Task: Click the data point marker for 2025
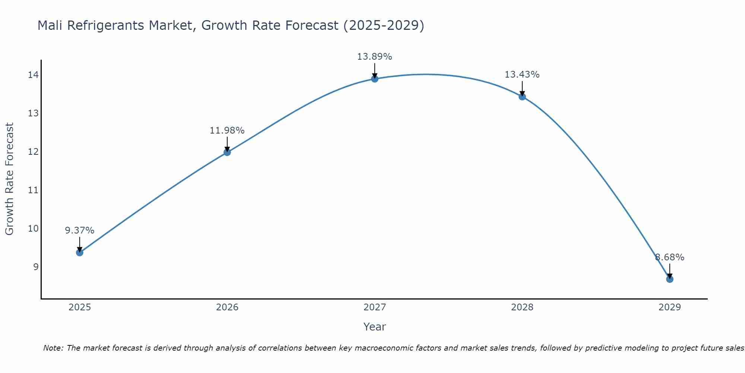(79, 253)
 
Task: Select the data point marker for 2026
(227, 152)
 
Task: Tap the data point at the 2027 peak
(375, 79)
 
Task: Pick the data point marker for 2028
(522, 97)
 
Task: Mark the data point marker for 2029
(669, 279)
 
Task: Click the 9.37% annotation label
(79, 231)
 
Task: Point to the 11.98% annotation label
(227, 131)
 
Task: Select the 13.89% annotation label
(374, 57)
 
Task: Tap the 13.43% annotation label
(522, 75)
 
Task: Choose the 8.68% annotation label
(669, 257)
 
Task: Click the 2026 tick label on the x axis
(227, 307)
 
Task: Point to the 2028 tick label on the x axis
(522, 307)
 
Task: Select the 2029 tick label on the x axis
(669, 307)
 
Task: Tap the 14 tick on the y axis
(33, 75)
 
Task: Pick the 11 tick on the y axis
(33, 190)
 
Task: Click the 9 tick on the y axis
(36, 267)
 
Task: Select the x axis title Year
(374, 327)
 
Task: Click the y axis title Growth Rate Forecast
(10, 179)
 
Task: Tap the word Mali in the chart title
(50, 26)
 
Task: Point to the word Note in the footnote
(54, 348)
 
